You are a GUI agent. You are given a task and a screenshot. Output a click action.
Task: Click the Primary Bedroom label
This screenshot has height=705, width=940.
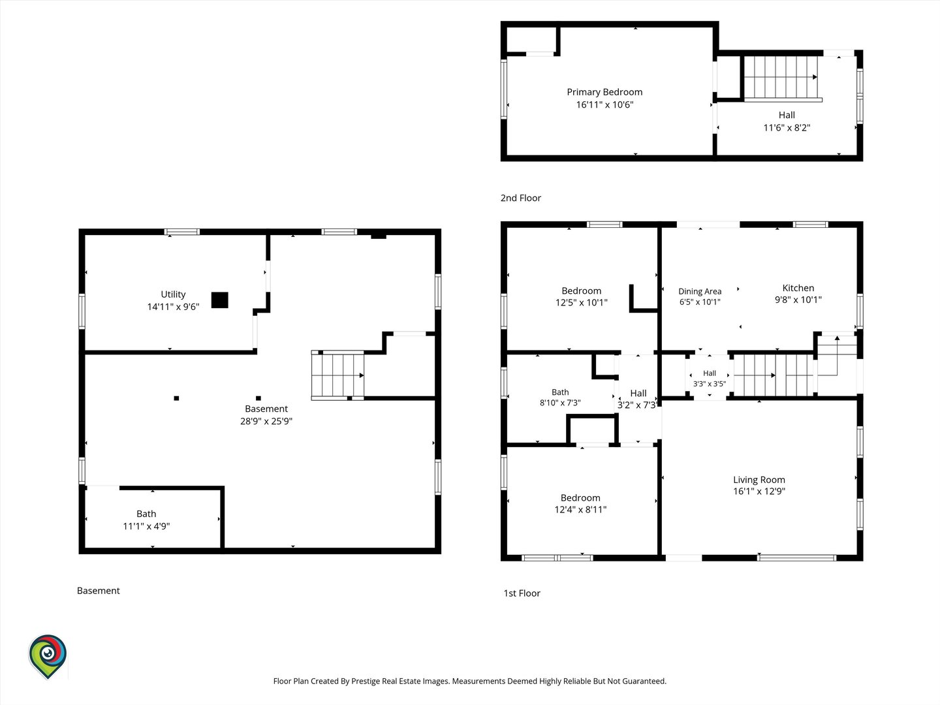click(x=604, y=92)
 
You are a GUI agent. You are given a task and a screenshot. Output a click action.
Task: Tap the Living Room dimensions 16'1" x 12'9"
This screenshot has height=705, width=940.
click(x=759, y=491)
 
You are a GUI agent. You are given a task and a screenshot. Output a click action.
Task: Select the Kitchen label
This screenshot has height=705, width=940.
click(x=798, y=288)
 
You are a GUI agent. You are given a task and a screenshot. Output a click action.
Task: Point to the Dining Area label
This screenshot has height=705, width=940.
click(x=700, y=292)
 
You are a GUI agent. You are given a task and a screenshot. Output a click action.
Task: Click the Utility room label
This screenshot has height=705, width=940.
click(x=173, y=294)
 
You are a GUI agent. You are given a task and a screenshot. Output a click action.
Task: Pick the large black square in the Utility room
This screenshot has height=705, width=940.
click(x=220, y=300)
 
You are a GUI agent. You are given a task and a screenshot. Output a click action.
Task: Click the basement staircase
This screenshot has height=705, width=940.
click(x=337, y=375)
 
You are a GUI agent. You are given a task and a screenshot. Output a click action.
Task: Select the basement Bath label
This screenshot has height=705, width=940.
click(x=146, y=514)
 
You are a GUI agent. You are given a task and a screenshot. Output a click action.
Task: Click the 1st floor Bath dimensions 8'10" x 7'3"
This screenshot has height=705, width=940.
click(x=560, y=403)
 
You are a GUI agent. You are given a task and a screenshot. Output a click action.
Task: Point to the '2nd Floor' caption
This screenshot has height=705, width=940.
click(x=521, y=198)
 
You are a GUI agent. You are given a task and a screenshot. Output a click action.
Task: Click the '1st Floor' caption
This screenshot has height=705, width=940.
click(x=522, y=593)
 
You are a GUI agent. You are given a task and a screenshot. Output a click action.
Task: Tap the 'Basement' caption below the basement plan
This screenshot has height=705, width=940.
click(x=98, y=591)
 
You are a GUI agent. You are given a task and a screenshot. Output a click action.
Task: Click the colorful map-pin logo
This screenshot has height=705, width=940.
click(x=48, y=656)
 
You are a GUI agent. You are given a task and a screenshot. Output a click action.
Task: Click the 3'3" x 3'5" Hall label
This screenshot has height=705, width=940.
click(x=710, y=379)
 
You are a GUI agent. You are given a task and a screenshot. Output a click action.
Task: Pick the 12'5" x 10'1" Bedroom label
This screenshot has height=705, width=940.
click(x=581, y=296)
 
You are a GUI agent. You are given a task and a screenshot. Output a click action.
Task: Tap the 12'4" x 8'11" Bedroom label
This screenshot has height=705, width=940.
click(x=580, y=503)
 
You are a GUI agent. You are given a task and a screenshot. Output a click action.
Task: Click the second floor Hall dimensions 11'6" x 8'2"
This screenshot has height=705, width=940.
click(x=787, y=127)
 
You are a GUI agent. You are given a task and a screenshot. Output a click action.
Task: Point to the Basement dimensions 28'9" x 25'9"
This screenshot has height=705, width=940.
click(x=266, y=421)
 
